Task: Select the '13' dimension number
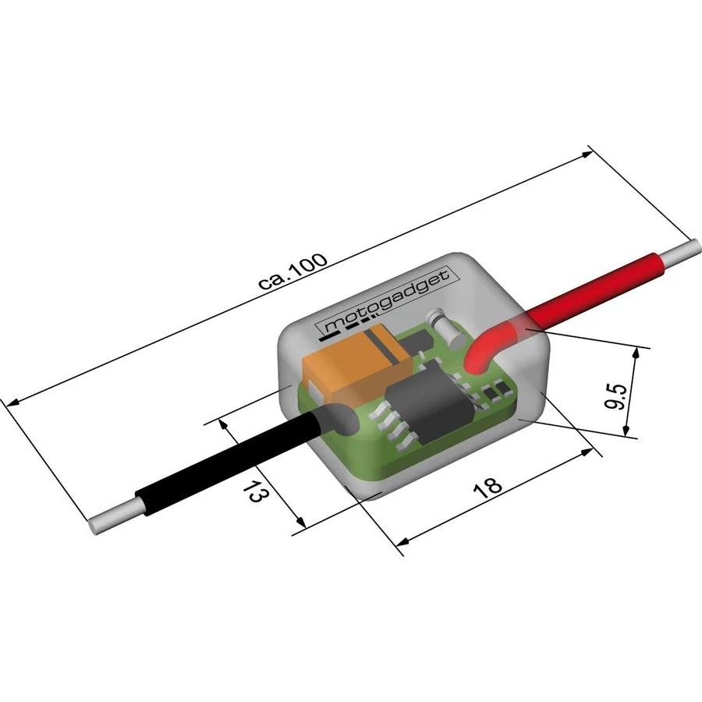click(x=257, y=491)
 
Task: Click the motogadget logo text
click(x=387, y=301)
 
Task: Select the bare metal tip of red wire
click(x=680, y=252)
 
